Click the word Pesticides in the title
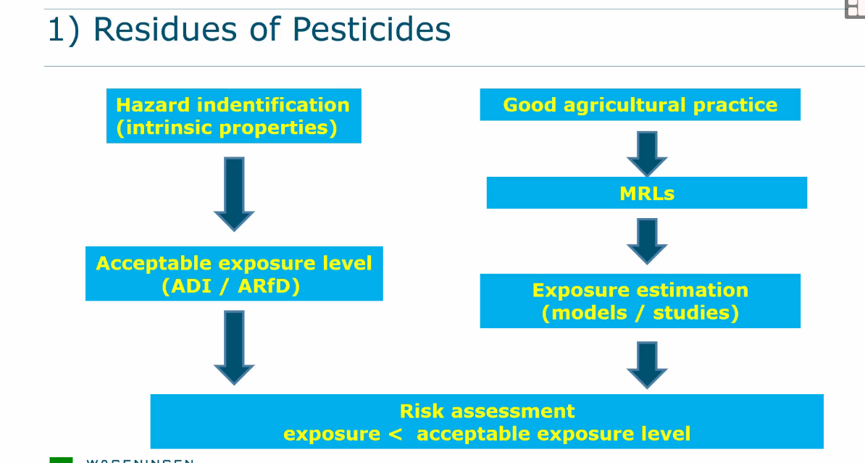(371, 30)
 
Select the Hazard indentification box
(233, 116)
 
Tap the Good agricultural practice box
(640, 105)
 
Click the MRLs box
(646, 193)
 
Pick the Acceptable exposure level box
(233, 274)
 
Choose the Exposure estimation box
(640, 301)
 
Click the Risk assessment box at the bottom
(487, 422)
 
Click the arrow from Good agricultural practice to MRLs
(646, 153)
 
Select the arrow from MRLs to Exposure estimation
(646, 241)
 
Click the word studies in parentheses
(695, 313)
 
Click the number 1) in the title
(63, 30)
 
